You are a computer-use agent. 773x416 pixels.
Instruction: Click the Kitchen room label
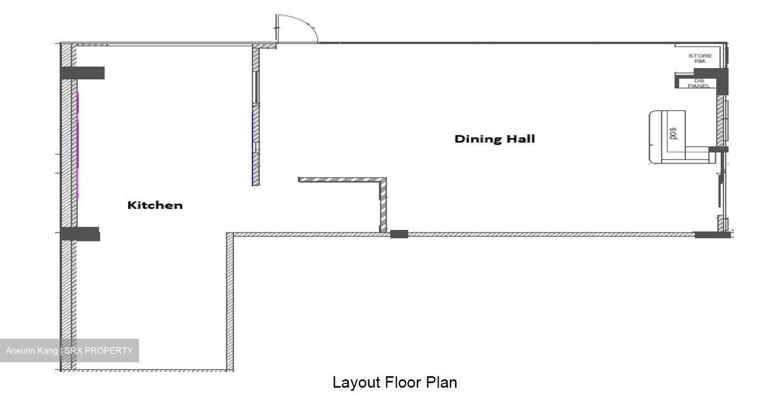coord(155,205)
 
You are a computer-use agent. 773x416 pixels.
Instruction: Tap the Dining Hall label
coord(495,139)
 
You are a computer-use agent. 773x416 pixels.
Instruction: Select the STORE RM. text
coord(700,59)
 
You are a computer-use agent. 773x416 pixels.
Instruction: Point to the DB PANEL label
coord(699,83)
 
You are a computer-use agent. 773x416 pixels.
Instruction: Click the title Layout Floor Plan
coord(395,383)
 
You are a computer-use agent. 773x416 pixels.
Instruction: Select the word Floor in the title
coord(403,383)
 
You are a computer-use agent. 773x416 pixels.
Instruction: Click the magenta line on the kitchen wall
coord(78,145)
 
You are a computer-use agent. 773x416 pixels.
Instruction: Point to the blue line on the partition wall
coord(253,148)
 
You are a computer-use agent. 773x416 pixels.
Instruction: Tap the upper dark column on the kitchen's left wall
coord(83,73)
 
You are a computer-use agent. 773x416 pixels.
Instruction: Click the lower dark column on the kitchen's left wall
coord(80,234)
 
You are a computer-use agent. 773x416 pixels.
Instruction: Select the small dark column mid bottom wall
coord(399,234)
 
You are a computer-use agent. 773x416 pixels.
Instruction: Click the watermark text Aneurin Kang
coord(32,351)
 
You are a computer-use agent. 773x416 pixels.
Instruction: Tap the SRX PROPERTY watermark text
coord(99,351)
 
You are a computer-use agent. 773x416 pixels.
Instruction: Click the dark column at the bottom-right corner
coord(713,235)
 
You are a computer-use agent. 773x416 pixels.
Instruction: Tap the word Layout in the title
coord(356,383)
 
